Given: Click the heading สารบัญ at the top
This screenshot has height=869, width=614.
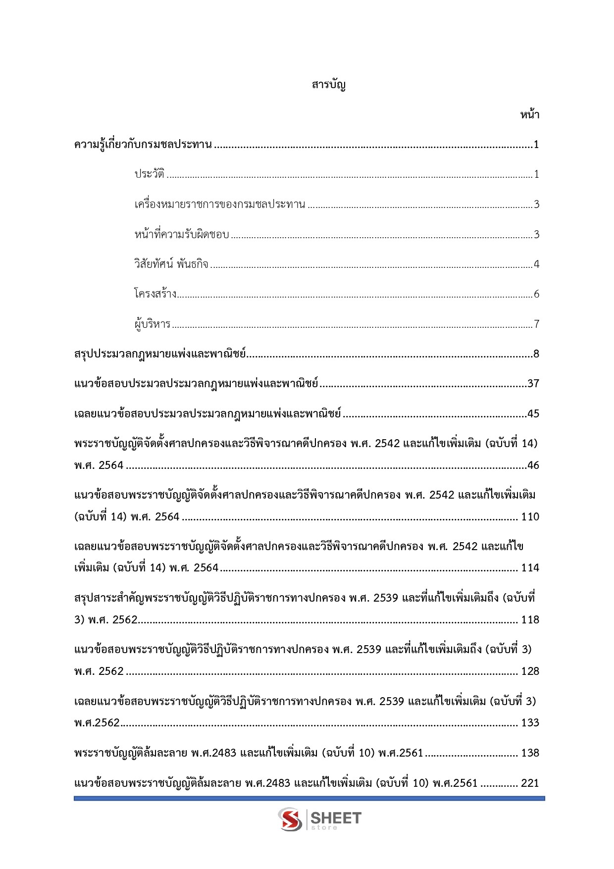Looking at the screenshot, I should (x=328, y=85).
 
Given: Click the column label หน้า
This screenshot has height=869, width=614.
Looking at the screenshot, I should (x=529, y=115).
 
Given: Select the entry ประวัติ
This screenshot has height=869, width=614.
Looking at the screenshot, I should (x=149, y=174).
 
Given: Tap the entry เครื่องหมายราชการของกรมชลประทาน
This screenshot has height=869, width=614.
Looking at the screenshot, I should (x=219, y=204).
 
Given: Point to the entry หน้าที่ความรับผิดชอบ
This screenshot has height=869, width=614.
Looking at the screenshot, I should (x=181, y=234).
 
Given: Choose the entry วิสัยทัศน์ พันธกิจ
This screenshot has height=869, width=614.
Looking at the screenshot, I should (x=171, y=264).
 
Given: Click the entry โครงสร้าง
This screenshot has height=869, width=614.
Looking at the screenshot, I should (x=155, y=294).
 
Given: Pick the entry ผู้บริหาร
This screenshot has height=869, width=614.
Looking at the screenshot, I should (x=152, y=324).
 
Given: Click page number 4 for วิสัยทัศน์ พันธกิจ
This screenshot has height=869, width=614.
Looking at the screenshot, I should (x=536, y=264).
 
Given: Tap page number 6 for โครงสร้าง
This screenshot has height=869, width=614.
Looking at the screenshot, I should (x=536, y=294).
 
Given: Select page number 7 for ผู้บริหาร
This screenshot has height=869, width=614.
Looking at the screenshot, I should (x=536, y=324).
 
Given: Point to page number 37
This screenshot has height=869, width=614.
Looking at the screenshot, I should (x=533, y=384).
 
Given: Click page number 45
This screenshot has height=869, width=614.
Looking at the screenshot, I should (x=533, y=414).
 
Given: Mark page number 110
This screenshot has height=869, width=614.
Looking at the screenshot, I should (x=530, y=517).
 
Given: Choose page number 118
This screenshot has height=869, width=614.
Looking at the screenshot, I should (x=530, y=620).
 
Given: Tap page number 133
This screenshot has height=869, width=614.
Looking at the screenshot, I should (x=530, y=723).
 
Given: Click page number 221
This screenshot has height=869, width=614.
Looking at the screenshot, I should (x=530, y=783).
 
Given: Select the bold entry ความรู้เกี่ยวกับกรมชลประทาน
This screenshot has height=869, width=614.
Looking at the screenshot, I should (x=143, y=145).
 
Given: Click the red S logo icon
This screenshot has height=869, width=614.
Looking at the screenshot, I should (x=290, y=819).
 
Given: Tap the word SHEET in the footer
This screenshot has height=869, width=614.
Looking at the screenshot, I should (x=336, y=818).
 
